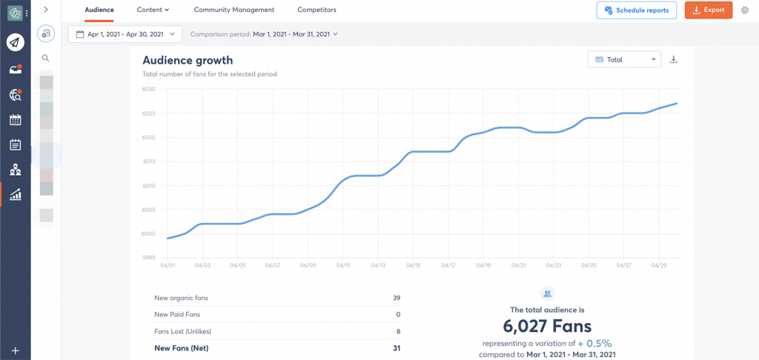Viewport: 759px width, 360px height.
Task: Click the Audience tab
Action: click(x=99, y=10)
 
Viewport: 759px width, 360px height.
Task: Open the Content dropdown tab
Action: click(x=153, y=10)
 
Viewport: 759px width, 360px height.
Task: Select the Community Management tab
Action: click(x=233, y=10)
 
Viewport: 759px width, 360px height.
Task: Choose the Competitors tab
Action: click(x=316, y=10)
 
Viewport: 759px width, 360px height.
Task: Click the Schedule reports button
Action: click(x=636, y=10)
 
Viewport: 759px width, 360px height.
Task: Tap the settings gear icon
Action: click(x=745, y=10)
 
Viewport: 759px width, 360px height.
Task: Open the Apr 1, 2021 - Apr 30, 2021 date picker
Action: click(x=125, y=34)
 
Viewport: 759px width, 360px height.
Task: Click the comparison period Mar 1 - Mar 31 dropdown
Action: click(x=294, y=34)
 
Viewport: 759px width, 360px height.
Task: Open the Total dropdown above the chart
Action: click(x=623, y=59)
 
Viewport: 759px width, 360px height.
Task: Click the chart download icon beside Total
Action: click(x=674, y=59)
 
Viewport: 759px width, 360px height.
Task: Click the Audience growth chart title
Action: click(x=188, y=61)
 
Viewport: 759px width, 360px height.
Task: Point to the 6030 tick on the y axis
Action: click(x=148, y=89)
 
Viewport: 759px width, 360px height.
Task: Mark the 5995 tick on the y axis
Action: click(x=148, y=258)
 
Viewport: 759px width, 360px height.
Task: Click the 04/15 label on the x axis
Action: click(x=413, y=265)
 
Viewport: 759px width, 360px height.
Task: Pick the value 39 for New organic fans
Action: click(x=397, y=298)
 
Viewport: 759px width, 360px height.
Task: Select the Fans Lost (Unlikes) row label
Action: click(x=182, y=331)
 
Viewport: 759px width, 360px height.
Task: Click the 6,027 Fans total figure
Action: click(x=547, y=326)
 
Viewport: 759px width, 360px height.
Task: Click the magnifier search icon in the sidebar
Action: click(x=46, y=58)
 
